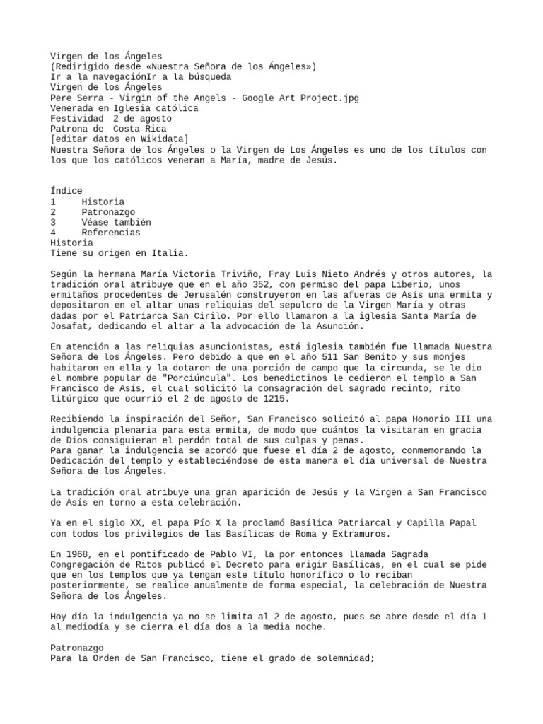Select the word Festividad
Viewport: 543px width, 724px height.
[x=76, y=119]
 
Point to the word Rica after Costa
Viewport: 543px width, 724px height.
[x=156, y=129]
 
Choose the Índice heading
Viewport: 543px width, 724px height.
[x=66, y=191]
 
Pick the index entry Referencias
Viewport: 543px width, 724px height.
[x=110, y=233]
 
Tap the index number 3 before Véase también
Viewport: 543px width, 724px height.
[x=53, y=222]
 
